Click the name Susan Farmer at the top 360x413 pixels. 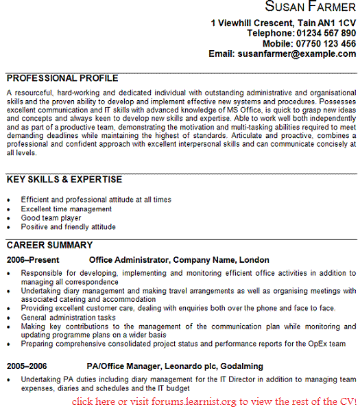coord(310,8)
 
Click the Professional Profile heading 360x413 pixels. coord(62,78)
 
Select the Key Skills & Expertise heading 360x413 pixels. coord(64,180)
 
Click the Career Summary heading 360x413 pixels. coord(49,245)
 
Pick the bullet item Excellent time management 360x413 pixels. coord(67,209)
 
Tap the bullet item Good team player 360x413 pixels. coord(51,217)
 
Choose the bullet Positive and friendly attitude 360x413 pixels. coord(68,226)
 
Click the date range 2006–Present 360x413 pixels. coord(33,261)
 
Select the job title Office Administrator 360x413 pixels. coord(129,261)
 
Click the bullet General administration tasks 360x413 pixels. coord(69,317)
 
